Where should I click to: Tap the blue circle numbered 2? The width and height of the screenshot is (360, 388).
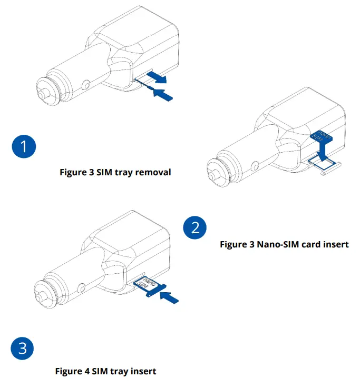point(194,228)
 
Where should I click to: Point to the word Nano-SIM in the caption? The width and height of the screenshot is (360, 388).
point(275,245)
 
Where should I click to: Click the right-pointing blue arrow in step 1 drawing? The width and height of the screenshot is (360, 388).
point(157,77)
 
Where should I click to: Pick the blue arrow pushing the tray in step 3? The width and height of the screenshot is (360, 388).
point(169,296)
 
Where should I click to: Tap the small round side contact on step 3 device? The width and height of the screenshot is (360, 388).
point(82,287)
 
